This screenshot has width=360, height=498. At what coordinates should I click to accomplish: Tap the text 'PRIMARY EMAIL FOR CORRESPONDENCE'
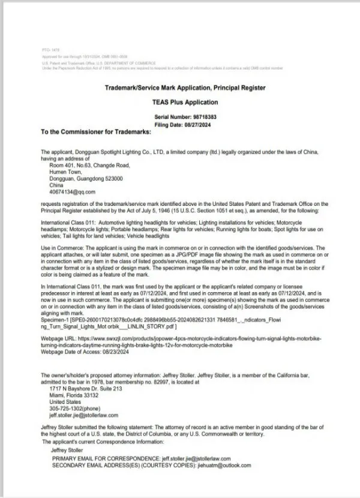(107, 458)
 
